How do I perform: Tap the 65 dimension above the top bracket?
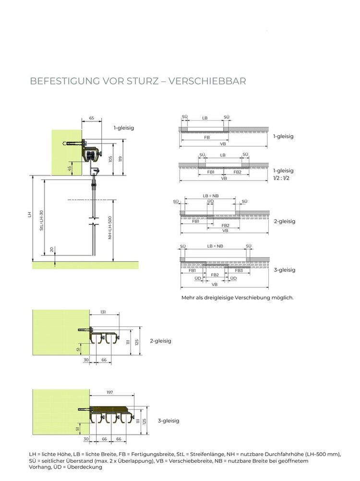[92, 118]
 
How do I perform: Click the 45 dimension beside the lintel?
[70, 168]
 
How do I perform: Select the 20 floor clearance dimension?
[52, 249]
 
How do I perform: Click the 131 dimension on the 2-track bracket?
[103, 312]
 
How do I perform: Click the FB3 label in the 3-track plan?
[239, 271]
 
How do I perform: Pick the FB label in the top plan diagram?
[206, 137]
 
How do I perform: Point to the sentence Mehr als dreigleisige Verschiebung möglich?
[237, 298]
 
